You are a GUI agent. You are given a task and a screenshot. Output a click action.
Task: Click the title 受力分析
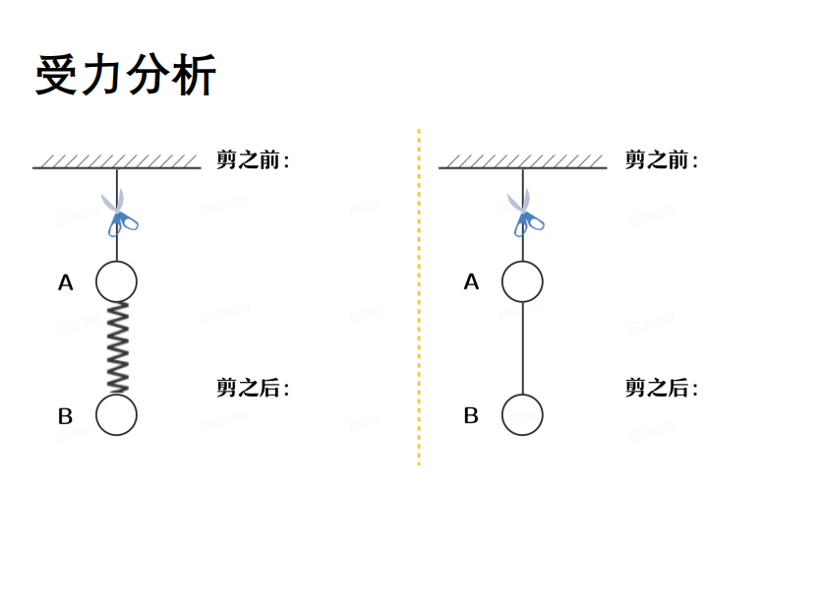click(x=125, y=75)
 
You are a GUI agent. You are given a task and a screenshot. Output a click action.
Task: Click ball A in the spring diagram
click(x=116, y=281)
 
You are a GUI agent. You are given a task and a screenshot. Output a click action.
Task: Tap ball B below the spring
click(x=116, y=414)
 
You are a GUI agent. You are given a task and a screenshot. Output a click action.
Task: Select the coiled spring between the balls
click(x=117, y=347)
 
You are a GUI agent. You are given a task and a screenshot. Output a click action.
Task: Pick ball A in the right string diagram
click(x=522, y=281)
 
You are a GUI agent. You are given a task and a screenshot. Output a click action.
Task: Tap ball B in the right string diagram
click(x=522, y=414)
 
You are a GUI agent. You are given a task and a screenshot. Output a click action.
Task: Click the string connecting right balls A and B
click(x=522, y=347)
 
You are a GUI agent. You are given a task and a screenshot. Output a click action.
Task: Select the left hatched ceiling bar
click(x=116, y=163)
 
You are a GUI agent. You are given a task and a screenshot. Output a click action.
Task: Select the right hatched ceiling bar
click(x=522, y=163)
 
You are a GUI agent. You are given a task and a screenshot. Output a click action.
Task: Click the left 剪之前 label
click(x=253, y=159)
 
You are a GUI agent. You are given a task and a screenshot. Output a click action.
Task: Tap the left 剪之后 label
click(x=253, y=388)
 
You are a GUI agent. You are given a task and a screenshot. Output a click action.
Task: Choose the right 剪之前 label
click(x=661, y=159)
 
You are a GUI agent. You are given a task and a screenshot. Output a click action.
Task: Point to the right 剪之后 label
click(x=661, y=388)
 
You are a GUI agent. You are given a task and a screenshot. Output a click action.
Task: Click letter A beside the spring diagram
click(x=66, y=283)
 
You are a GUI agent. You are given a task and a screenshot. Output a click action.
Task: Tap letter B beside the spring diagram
click(x=65, y=416)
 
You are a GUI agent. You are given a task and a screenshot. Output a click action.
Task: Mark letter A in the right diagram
click(x=471, y=282)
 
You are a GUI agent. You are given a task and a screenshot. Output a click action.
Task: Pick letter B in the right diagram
click(x=471, y=416)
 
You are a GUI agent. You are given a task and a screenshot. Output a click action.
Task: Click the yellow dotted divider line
click(x=419, y=295)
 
